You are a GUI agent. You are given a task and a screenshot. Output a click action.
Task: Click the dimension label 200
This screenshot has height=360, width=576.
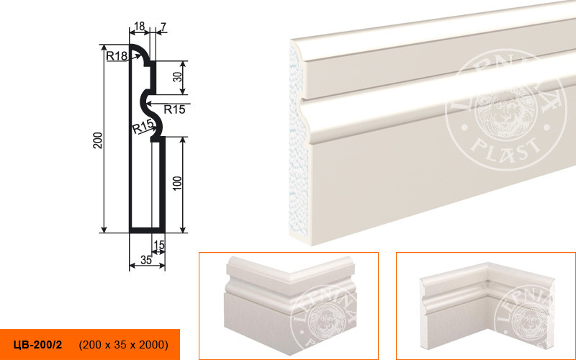pos(98,140)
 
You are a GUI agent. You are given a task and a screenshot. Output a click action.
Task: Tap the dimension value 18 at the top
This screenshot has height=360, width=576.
pos(139,27)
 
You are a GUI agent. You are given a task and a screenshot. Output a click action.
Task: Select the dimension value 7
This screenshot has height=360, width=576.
pos(163,27)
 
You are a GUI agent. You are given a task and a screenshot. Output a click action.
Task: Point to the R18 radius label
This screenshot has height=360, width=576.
pos(117,56)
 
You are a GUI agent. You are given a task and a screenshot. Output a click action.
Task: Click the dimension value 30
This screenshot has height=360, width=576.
pos(177,77)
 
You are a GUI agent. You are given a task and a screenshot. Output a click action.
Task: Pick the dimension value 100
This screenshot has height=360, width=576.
pos(177,184)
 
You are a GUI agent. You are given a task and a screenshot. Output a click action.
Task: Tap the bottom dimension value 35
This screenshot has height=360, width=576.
pos(146,260)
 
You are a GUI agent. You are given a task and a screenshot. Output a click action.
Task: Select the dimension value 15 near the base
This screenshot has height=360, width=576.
pos(159,245)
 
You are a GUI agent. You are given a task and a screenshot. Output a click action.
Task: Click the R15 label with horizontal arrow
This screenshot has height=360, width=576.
pos(174,109)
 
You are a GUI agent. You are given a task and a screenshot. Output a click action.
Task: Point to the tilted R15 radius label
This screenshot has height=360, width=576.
pos(143,127)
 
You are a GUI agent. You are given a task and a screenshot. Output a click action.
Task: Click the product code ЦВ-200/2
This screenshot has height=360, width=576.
pos(37,345)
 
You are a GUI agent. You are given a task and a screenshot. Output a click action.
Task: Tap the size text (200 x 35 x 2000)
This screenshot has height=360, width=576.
pos(124,345)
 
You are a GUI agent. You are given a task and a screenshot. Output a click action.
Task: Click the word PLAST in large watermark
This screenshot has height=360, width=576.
pos(506,146)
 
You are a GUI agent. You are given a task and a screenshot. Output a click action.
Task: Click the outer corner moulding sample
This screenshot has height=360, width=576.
pos(290,302)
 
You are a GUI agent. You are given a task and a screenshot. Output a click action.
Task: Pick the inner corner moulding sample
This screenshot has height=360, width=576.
pos(487,304)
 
